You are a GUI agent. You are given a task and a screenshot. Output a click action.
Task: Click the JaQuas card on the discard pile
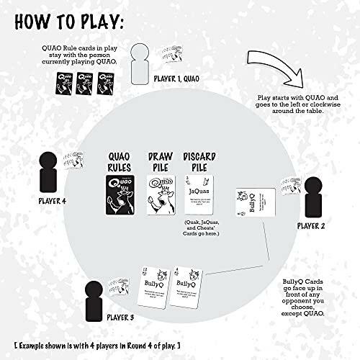click(x=198, y=196)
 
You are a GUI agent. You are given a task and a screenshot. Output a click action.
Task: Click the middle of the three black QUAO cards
click(x=84, y=86)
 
